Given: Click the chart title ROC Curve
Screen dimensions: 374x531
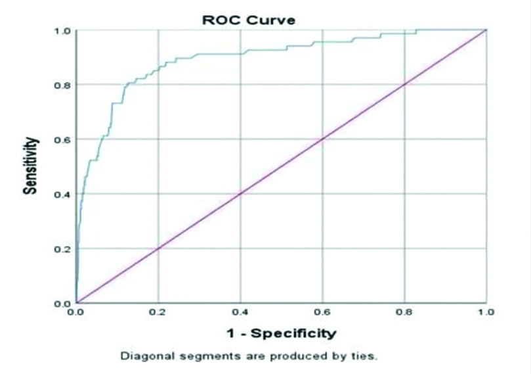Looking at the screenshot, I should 248,20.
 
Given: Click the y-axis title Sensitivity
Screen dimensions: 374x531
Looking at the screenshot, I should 30,166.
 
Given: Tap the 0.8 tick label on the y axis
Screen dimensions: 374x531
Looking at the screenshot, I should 62,85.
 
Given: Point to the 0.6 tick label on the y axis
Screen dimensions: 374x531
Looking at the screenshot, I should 62,139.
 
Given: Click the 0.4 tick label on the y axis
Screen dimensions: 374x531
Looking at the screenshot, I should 62,194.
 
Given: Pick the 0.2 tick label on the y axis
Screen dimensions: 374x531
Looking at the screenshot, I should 62,248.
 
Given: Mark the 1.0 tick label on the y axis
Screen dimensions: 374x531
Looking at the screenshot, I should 62,30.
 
